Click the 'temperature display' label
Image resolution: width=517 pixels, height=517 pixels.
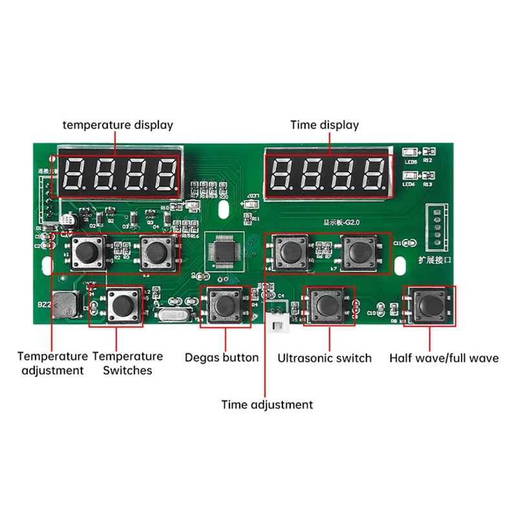[118, 125]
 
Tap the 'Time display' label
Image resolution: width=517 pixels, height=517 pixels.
[324, 125]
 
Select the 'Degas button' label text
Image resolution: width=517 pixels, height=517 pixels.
[222, 357]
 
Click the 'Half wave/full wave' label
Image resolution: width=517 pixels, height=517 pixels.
[444, 357]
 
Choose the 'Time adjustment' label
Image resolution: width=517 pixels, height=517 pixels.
[267, 405]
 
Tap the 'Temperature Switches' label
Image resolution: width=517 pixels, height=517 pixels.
[127, 363]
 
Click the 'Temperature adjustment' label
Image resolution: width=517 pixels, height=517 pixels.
[52, 363]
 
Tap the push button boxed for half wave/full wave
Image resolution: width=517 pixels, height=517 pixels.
[430, 304]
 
